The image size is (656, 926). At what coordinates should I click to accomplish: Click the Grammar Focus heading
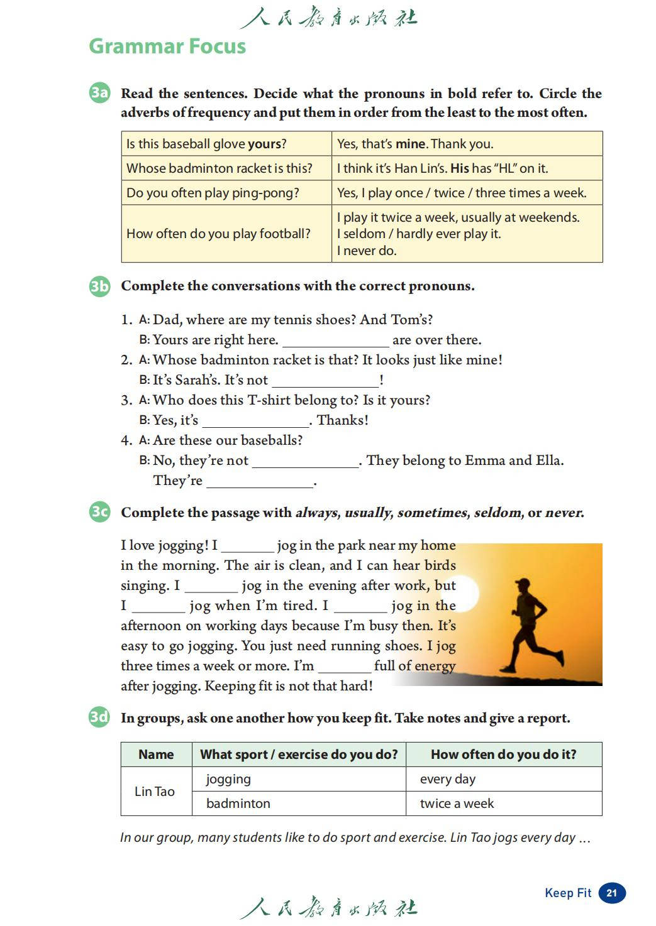tap(167, 46)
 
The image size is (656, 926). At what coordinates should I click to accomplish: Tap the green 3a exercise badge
tap(99, 93)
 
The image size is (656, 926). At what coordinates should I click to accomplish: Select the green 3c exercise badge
tap(99, 512)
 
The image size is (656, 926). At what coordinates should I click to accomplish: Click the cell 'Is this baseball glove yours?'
tap(206, 144)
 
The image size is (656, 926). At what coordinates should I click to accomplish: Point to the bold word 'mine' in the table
tap(411, 144)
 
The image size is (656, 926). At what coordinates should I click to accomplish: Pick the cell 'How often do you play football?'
tap(218, 234)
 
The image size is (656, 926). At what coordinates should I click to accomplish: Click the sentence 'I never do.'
tap(367, 251)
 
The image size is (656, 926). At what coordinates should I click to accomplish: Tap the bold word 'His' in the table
tap(460, 168)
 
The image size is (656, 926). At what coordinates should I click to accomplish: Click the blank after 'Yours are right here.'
tap(336, 341)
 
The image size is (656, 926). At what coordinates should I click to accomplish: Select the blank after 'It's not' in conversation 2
tap(325, 381)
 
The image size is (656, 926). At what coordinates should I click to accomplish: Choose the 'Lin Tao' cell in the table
tap(155, 792)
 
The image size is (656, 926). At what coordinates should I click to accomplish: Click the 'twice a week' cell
tap(457, 803)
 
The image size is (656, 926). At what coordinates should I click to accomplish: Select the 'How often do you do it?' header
tap(503, 754)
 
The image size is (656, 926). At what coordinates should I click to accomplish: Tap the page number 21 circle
tap(612, 893)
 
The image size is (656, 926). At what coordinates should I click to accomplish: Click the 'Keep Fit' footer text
tap(568, 893)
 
